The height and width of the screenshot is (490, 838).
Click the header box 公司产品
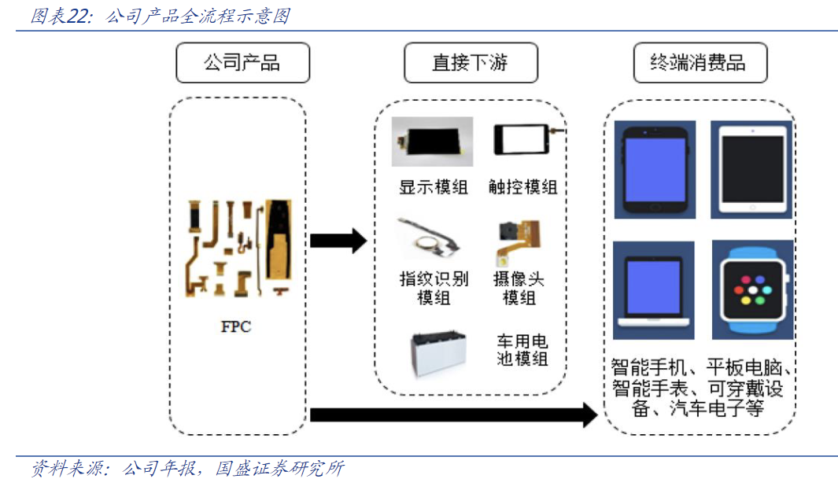242,63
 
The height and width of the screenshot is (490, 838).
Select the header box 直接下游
471,63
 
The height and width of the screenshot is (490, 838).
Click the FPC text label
236,326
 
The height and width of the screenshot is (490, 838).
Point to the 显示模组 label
433,187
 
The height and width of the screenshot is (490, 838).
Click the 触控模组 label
522,187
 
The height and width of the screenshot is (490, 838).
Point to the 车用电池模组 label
522,351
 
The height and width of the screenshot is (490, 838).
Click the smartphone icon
655,169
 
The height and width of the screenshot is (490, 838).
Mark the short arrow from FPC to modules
338,240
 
